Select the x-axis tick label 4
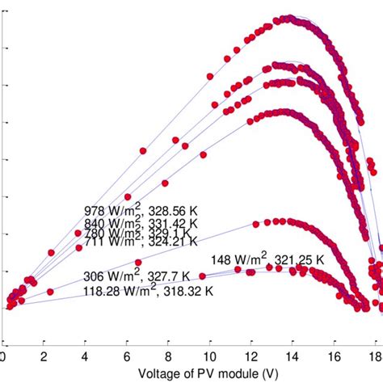[86, 356]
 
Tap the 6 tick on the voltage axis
[128, 356]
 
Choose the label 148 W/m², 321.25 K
[267, 260]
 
